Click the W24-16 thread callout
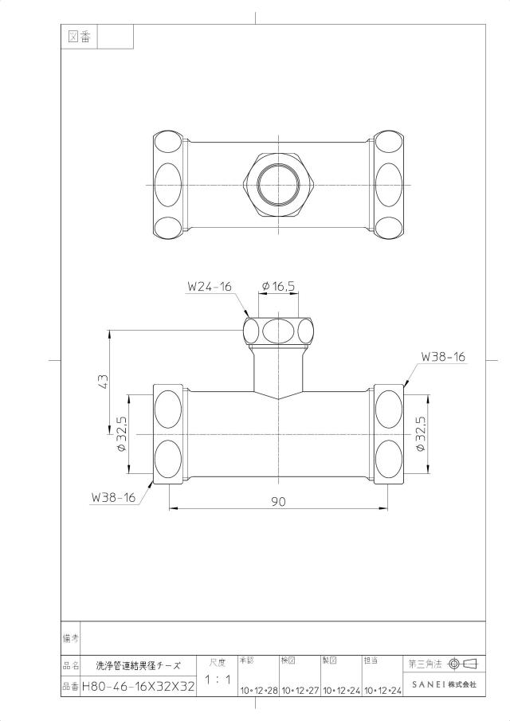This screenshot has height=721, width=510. point(210,287)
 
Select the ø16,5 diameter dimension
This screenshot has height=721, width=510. point(278,286)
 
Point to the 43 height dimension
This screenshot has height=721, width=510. point(103,381)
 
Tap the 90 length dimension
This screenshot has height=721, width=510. point(278,501)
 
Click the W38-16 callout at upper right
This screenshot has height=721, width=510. point(443,356)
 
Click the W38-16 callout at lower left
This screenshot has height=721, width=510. point(114,497)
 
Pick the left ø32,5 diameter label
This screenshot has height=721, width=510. point(122,434)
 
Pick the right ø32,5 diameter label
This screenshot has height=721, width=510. point(421,434)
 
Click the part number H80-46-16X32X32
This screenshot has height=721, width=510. point(138,687)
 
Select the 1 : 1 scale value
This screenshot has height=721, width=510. point(218,680)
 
